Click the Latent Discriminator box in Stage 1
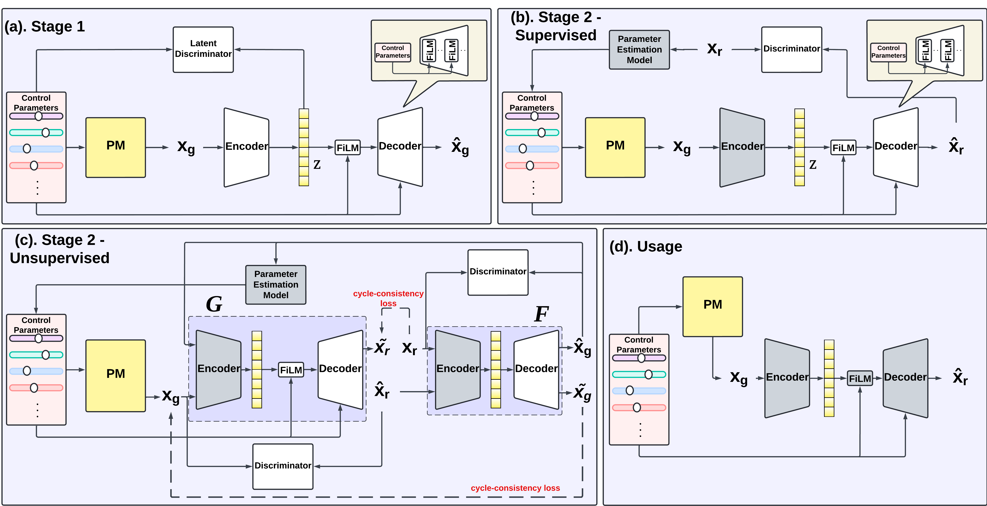203,49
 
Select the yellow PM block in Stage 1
115,147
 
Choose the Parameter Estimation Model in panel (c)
276,284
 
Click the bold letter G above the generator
214,304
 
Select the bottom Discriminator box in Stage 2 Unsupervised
283,466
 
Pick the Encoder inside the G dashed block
218,369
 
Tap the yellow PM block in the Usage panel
712,306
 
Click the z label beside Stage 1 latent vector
317,165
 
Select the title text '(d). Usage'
646,246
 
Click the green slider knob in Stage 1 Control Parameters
46,132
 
